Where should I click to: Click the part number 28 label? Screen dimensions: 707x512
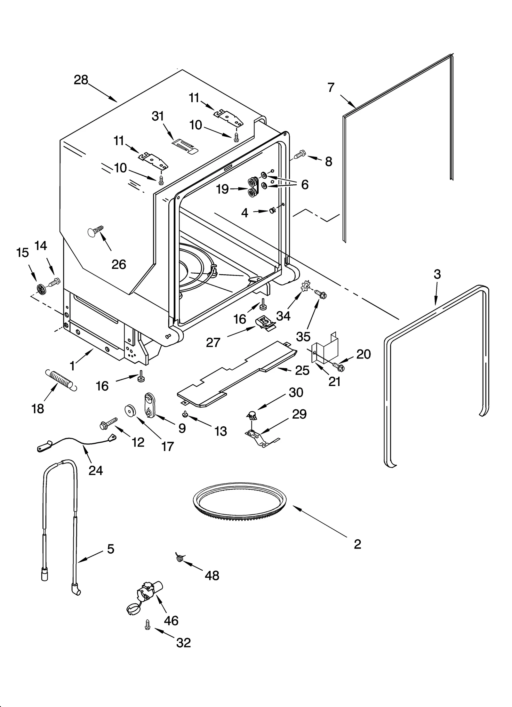tap(81, 80)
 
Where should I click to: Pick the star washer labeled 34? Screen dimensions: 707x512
tap(306, 285)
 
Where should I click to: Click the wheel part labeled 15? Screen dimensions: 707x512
tap(41, 289)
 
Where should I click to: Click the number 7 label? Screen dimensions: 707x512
tap(331, 87)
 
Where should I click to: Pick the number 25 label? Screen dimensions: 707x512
tap(302, 370)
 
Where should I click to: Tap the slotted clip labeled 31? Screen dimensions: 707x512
tap(185, 146)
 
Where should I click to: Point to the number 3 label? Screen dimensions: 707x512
tap(437, 274)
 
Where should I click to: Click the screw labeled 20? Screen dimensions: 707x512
tap(339, 366)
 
